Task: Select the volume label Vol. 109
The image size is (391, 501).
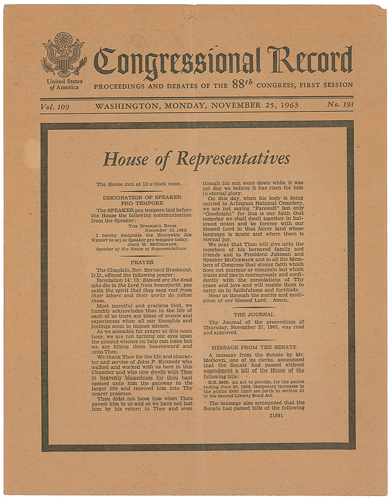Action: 56,106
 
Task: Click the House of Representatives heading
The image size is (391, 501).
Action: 197,159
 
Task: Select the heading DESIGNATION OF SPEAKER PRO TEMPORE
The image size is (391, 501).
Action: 142,201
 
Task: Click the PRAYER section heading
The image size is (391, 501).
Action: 142,262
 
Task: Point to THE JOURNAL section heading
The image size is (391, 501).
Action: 253,314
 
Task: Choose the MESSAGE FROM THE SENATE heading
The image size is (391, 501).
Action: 253,347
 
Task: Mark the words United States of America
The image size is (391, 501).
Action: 65,84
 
